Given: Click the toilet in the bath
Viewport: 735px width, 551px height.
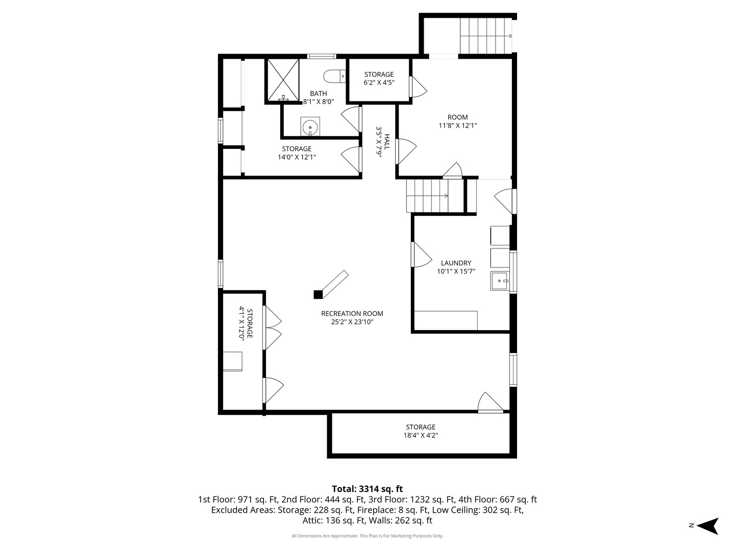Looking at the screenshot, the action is coord(334,77).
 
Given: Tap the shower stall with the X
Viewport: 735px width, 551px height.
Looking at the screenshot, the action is coord(282,80).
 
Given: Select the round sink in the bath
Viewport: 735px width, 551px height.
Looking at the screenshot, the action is coord(310,127).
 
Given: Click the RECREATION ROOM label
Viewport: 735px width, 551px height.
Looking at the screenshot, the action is coord(352,313).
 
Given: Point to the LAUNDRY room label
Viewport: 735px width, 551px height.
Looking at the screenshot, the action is coord(456,263).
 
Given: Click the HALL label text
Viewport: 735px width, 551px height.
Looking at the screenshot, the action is coord(387,142).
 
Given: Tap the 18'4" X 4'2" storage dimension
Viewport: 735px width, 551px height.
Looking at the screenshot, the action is coord(421,435).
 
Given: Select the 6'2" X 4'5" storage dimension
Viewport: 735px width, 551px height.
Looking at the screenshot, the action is coord(379,82).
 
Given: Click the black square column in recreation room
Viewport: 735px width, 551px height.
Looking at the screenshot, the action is coord(318,294).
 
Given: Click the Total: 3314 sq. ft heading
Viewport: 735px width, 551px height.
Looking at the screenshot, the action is coord(367,489).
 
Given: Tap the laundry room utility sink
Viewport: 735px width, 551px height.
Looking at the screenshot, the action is coord(500,281).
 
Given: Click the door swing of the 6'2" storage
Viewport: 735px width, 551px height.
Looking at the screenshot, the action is coord(419,87).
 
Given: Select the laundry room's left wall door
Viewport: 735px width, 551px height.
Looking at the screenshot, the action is coord(422,255).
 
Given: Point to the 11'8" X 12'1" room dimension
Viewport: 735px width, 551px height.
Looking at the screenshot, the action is coord(458,126).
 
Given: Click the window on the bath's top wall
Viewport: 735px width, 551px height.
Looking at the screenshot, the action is coord(322,56).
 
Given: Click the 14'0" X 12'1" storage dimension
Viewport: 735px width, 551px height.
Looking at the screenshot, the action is coord(297,157).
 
